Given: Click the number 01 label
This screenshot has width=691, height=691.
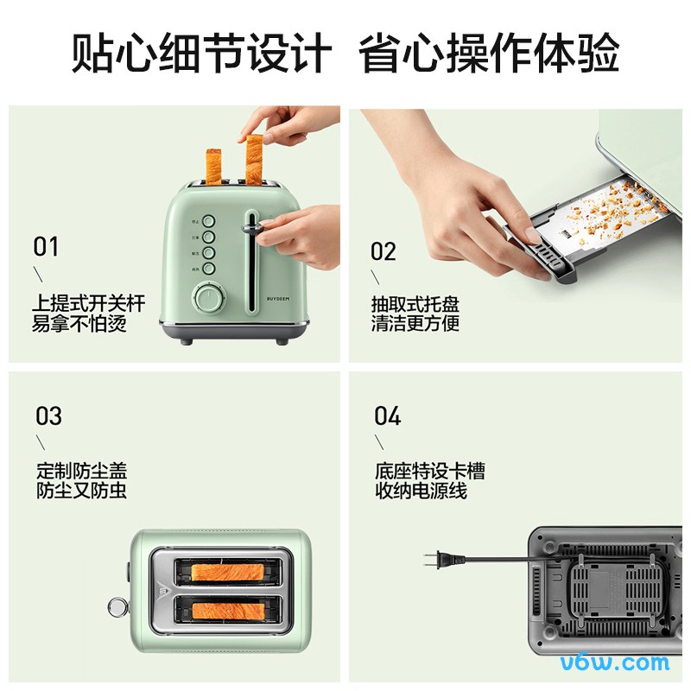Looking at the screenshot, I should point(46,247).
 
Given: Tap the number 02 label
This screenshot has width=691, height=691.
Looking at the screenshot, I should point(384,251).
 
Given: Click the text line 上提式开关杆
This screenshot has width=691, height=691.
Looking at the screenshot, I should point(88,303).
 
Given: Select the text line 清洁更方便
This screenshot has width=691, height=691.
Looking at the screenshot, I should point(415,324).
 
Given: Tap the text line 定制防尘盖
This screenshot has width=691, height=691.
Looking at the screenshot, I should point(82,472).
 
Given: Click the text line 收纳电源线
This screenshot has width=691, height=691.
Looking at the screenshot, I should point(421,491).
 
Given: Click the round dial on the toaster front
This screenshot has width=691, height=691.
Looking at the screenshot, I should point(207,299).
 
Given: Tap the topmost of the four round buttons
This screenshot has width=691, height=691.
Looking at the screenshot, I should point(208,221).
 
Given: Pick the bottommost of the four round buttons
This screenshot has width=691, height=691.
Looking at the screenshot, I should point(208,269).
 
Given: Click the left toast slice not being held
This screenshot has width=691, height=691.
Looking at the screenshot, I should point(212,166).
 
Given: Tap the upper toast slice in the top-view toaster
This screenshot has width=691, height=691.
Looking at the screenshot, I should point(228,572).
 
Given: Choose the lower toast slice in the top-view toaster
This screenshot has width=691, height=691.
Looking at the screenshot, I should point(228,611).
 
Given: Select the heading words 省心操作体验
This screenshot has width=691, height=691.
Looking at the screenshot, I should point(489,54).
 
